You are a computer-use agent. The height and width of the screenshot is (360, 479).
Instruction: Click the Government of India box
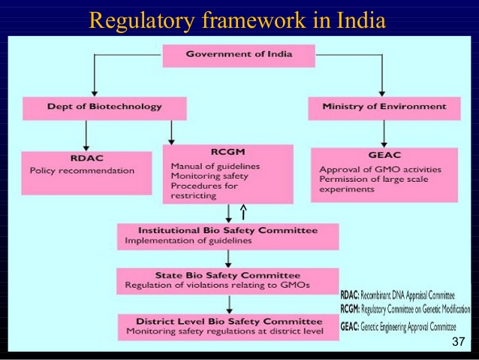[239, 56]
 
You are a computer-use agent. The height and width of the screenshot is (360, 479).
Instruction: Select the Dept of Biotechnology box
[104, 108]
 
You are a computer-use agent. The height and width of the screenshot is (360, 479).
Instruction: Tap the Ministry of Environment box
[384, 108]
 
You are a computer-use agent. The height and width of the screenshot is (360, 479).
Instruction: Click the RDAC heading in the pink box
[87, 158]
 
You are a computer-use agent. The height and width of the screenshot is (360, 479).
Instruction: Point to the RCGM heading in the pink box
[228, 152]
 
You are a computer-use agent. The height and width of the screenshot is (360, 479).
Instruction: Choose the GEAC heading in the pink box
[384, 155]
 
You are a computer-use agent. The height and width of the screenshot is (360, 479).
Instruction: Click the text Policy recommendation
[82, 171]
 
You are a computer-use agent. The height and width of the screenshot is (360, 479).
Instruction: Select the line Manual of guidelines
[215, 166]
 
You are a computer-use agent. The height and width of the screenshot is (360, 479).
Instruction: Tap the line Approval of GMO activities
[381, 169]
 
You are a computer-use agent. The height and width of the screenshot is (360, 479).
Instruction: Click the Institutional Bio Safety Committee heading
[228, 230]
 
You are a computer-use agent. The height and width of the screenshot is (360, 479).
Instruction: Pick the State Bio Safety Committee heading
[228, 275]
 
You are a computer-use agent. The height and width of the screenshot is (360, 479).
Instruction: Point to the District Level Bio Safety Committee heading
[229, 322]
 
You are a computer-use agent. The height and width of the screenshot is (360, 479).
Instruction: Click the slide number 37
[458, 341]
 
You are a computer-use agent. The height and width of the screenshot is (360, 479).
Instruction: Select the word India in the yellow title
[361, 20]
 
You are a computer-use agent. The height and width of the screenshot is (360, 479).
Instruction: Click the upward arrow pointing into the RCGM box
[243, 212]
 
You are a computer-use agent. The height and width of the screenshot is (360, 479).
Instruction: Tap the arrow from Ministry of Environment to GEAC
[384, 134]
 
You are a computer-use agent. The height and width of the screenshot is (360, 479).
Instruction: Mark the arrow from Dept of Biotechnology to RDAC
[86, 135]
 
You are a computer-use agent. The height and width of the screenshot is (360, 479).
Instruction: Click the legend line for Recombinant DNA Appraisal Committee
[397, 295]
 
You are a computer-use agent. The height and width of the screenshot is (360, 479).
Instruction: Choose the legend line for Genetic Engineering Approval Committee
[398, 327]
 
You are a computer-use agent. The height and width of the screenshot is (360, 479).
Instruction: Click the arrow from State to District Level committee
[229, 304]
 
